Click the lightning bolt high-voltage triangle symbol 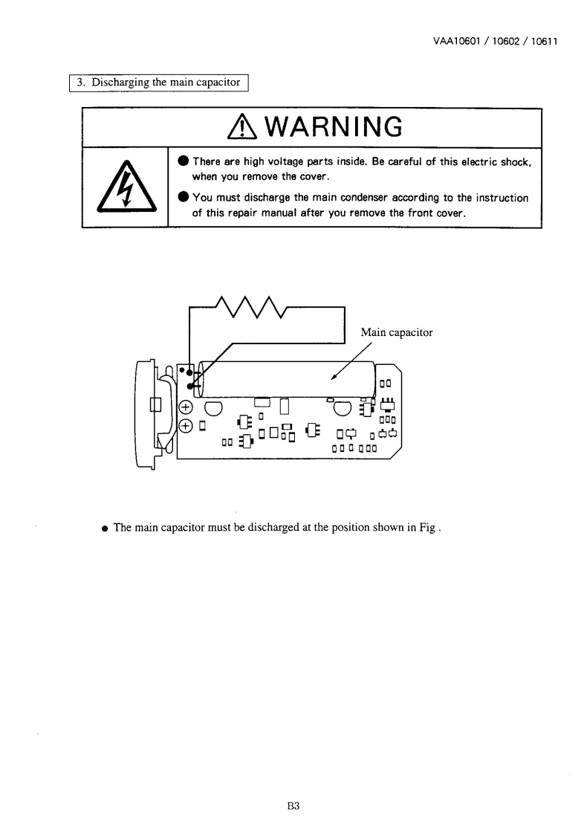click(x=126, y=187)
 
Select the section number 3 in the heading click(x=81, y=83)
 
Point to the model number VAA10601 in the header click(x=453, y=42)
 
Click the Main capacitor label click(x=396, y=332)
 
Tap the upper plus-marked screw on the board click(x=186, y=407)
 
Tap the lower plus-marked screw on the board click(x=186, y=426)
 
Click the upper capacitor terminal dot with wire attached click(x=190, y=372)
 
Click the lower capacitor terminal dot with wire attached click(x=190, y=386)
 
